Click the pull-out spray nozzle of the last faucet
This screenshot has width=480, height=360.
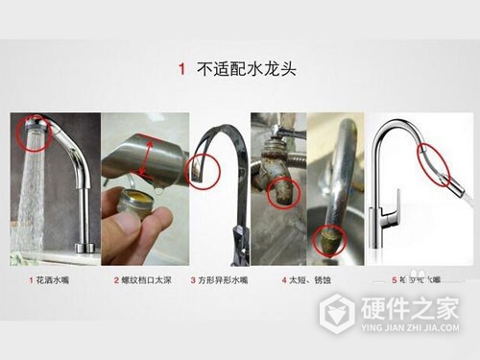click(x=438, y=165)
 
